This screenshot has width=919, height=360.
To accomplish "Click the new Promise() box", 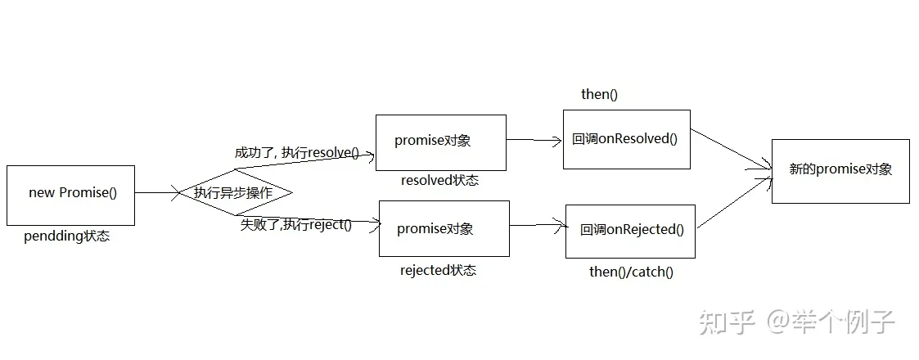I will tap(70, 195).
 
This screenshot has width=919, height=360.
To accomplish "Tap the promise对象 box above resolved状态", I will tap(440, 142).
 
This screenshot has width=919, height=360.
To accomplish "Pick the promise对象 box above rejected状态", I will tap(444, 228).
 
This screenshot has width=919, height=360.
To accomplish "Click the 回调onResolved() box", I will tap(626, 139).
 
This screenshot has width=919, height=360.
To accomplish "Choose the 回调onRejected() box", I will tap(630, 231).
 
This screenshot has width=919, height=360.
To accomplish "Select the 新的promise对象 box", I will tap(840, 170).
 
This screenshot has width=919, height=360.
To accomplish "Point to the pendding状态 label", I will tap(67, 237).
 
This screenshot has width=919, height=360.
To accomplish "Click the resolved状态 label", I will tap(439, 181).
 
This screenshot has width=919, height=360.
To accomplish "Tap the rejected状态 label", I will tap(438, 270).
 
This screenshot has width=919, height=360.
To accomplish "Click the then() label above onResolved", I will tap(599, 94).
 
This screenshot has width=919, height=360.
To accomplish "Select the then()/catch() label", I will tap(631, 272).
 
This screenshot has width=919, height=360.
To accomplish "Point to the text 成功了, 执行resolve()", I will tap(296, 153).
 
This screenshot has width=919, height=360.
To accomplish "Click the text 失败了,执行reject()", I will tap(295, 224).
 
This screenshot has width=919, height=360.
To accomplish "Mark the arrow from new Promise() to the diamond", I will tap(157, 193).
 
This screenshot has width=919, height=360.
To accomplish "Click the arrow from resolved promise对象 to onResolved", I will tap(534, 140).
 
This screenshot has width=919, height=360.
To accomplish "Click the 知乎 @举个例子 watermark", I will tap(795, 322).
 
